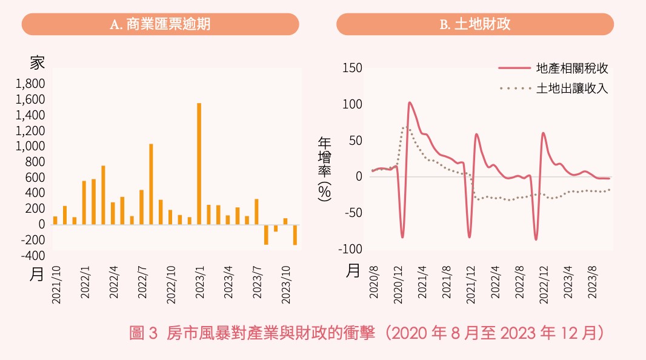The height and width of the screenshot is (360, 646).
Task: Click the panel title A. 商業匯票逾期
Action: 161,24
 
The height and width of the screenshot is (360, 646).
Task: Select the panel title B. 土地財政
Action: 475,24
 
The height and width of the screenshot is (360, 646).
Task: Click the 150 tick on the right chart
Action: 353,68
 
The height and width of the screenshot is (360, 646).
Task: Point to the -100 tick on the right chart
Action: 351,249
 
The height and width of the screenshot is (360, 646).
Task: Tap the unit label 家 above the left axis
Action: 37,62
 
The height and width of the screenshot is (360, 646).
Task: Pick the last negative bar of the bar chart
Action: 295,235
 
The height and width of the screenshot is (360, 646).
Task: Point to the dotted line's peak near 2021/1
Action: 405,128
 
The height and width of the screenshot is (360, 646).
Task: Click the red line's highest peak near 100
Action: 410,103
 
